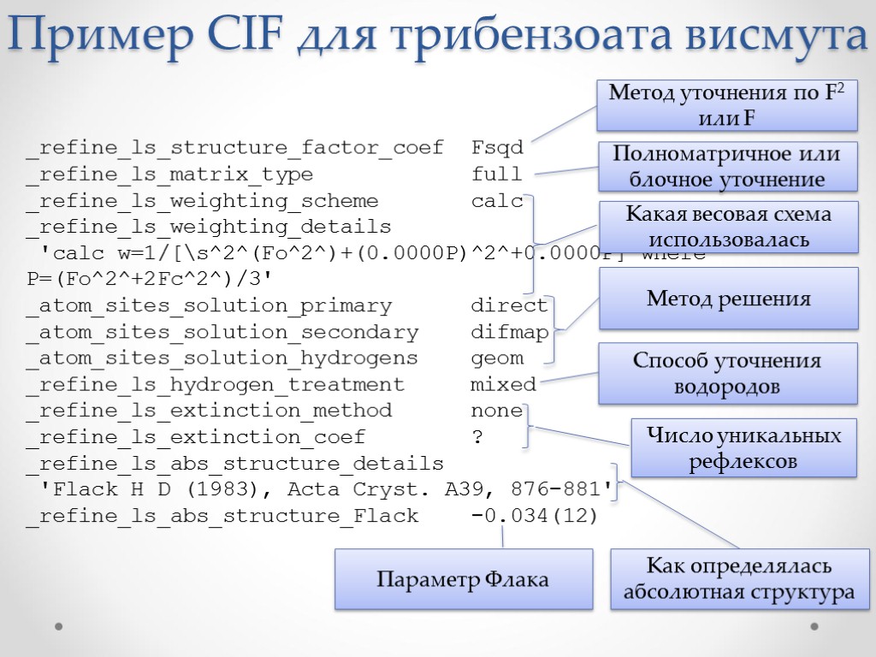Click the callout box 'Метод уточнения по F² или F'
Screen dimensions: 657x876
(727, 104)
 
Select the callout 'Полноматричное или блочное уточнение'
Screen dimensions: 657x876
(727, 167)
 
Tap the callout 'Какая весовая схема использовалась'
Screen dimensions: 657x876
(727, 227)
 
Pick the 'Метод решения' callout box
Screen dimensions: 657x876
(728, 299)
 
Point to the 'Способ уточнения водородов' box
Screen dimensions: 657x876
(727, 373)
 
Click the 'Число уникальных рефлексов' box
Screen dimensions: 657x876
(743, 448)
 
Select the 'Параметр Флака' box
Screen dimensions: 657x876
(463, 579)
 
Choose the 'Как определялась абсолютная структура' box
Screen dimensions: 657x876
(738, 579)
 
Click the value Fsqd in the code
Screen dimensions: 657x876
(497, 148)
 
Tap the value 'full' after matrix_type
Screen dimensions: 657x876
(496, 175)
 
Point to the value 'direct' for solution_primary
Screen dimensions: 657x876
(509, 305)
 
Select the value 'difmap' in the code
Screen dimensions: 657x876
(509, 332)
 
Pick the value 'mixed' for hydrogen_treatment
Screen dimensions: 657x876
(503, 385)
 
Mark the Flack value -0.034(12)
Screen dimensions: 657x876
(535, 516)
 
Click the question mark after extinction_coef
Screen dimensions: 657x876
(477, 437)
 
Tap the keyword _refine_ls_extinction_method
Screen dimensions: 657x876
(209, 411)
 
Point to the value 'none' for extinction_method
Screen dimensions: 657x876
(496, 411)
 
